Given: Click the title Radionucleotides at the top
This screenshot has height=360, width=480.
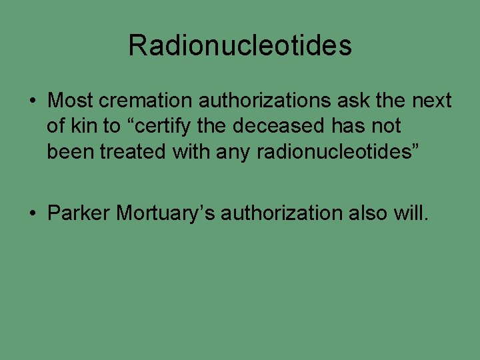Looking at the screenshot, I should pos(240,45).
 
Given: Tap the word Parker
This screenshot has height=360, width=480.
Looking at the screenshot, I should pos(79,213).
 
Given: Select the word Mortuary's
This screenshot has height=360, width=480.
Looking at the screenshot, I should pos(165,213).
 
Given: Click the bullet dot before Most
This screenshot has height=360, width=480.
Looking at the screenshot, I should pos(33,102).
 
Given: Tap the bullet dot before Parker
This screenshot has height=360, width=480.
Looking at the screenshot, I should pos(33,214).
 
